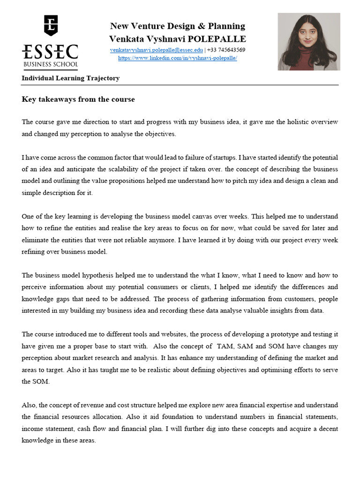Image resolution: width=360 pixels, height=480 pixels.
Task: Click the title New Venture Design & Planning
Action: [177, 26]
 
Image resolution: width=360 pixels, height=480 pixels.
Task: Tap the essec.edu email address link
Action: [157, 50]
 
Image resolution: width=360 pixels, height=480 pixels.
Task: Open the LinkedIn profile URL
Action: [177, 58]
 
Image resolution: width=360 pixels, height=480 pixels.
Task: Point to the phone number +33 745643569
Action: [226, 50]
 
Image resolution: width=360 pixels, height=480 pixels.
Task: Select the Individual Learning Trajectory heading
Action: [70, 78]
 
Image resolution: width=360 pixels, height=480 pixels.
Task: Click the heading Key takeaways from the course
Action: [78, 99]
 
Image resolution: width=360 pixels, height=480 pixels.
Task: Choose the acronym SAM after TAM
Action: [247, 346]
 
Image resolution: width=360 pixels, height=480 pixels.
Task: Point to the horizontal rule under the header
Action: [180, 85]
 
